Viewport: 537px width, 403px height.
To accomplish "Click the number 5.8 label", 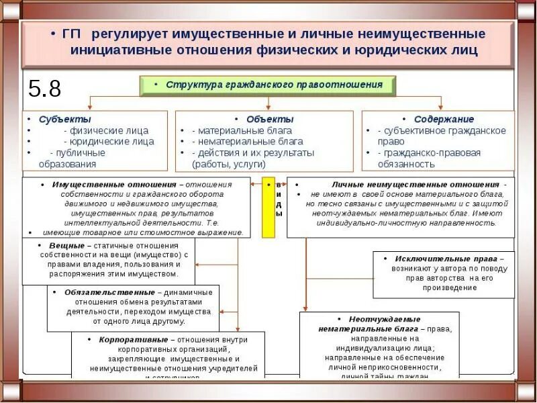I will pyautogui.click(x=44, y=89).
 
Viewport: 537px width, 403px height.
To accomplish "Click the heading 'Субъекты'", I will pyautogui.click(x=58, y=119).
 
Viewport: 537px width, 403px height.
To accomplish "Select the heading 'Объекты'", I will pyautogui.click(x=270, y=119).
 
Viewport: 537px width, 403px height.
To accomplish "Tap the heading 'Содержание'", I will pyautogui.click(x=444, y=119).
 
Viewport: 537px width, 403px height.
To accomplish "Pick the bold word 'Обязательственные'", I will pyautogui.click(x=109, y=292).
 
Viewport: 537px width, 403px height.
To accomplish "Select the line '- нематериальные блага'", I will pyautogui.click(x=247, y=142).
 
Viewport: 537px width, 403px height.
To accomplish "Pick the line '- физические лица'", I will pyautogui.click(x=106, y=130).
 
